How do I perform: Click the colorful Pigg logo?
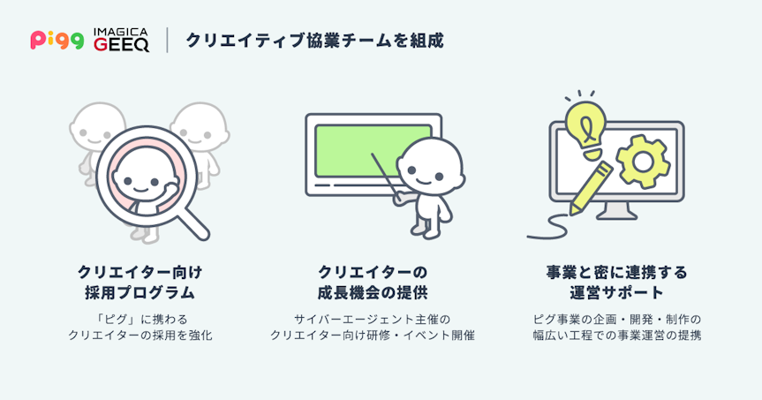57,40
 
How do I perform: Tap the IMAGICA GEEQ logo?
121,40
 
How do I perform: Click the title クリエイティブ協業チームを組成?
314,41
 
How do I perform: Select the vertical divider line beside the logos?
167,40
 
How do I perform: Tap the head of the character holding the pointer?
430,168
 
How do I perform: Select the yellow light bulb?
585,129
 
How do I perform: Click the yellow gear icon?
643,162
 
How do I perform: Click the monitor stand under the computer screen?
616,211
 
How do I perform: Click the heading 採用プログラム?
140,293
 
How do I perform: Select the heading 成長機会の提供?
373,293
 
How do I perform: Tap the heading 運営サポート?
616,293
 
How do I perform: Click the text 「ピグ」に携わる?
140,320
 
